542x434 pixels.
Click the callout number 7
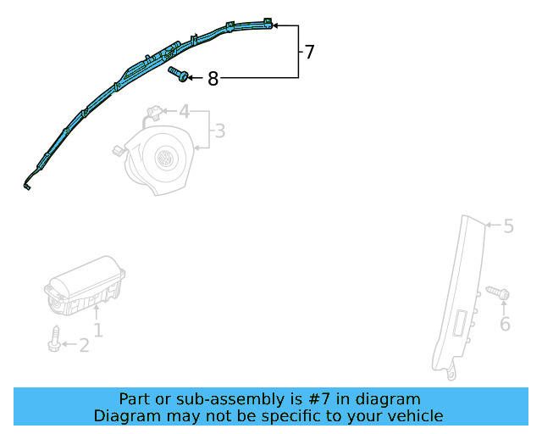(x=309, y=53)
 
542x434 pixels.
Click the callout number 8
(x=213, y=79)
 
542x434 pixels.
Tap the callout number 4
(x=184, y=111)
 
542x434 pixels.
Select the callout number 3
(x=219, y=131)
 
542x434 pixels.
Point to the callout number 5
(x=508, y=226)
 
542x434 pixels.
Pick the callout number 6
(x=505, y=324)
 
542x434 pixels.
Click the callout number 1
(x=98, y=330)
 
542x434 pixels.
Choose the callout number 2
(x=84, y=345)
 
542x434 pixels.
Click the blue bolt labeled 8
(x=179, y=75)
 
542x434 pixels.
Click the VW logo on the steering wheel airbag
(x=163, y=158)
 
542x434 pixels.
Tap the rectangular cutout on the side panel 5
(x=462, y=325)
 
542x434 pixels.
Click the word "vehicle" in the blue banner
(x=415, y=415)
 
